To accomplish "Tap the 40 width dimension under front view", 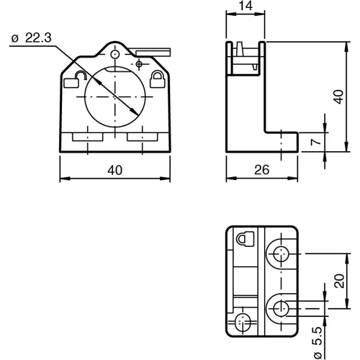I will coord(114,170).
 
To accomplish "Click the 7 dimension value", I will coord(315,143).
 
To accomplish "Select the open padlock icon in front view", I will coord(73,78).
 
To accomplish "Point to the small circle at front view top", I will coord(115,54).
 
